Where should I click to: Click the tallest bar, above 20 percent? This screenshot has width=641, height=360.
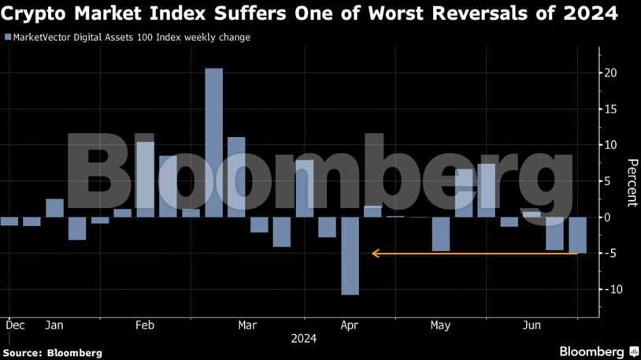pyautogui.click(x=213, y=142)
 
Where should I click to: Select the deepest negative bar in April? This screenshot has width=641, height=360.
pyautogui.click(x=350, y=255)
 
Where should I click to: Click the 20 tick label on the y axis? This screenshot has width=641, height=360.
pyautogui.click(x=610, y=73)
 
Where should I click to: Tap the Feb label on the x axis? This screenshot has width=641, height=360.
pyautogui.click(x=145, y=325)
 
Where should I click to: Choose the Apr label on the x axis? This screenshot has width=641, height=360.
pyautogui.click(x=350, y=325)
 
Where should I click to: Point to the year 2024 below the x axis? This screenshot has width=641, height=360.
pyautogui.click(x=304, y=340)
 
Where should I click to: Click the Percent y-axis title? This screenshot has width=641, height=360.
pyautogui.click(x=632, y=182)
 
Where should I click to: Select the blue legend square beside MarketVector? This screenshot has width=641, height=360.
pyautogui.click(x=8, y=37)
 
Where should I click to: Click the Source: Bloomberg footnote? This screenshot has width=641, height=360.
pyautogui.click(x=52, y=353)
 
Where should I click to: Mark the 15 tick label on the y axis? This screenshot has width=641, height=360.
pyautogui.click(x=610, y=109)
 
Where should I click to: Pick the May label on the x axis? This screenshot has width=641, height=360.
pyautogui.click(x=440, y=325)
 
